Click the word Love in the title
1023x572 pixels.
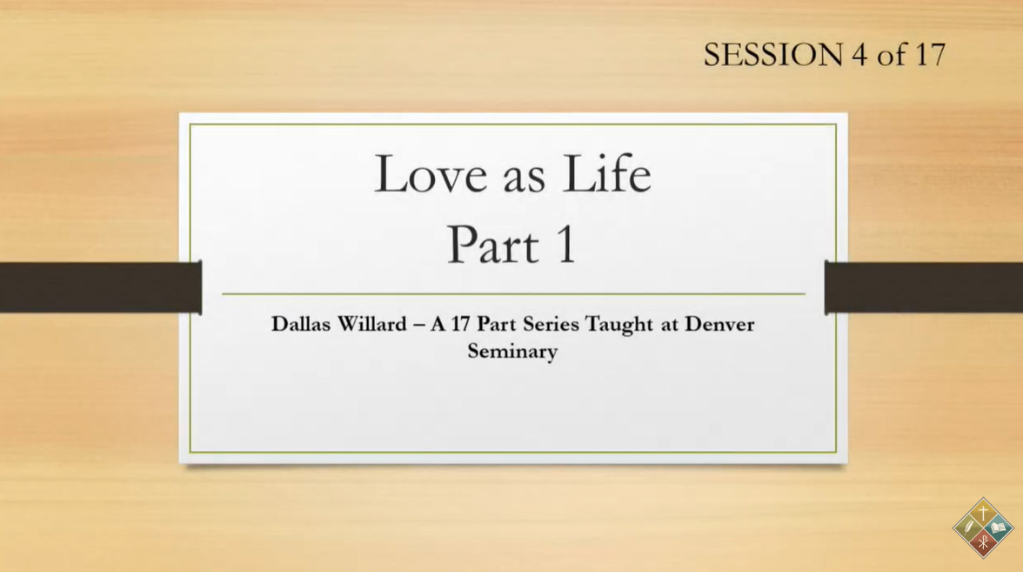click(x=431, y=174)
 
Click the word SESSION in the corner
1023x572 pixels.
click(x=773, y=55)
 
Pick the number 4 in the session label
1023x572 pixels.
click(x=859, y=55)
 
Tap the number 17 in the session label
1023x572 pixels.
click(x=930, y=55)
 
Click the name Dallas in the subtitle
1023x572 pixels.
click(x=301, y=324)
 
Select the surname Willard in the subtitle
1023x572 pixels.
click(x=372, y=324)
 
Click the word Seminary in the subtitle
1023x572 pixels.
click(x=512, y=352)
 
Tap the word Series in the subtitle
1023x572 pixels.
click(x=551, y=324)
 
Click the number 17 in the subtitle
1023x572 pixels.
click(x=461, y=324)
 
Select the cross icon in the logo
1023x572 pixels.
click(x=983, y=514)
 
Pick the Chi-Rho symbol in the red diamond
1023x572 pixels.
click(x=983, y=542)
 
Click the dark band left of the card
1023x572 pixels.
click(x=101, y=287)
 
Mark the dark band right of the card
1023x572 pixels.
click(x=924, y=287)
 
